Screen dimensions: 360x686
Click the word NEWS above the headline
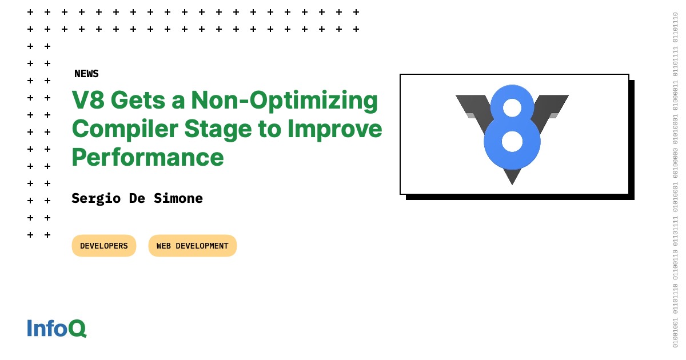click(86, 74)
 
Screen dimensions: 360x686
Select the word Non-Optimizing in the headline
click(285, 101)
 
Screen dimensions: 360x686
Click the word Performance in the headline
click(147, 157)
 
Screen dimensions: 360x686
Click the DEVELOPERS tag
click(104, 246)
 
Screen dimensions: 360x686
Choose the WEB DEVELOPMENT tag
click(192, 246)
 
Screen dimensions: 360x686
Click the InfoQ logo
click(57, 328)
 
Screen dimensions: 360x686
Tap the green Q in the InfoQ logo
click(77, 329)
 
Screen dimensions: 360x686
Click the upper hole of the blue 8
click(512, 107)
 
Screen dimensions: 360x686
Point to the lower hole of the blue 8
click(512, 141)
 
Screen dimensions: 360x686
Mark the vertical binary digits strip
click(675, 180)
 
